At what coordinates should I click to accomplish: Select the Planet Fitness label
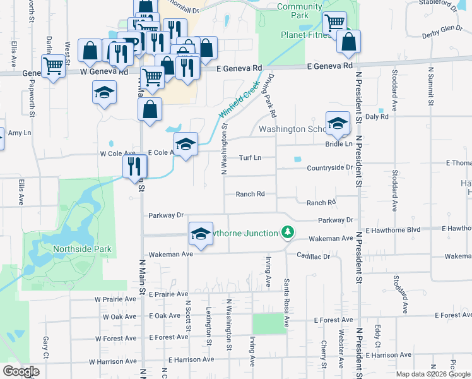coord(305,35)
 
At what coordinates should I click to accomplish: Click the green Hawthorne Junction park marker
coord(288,232)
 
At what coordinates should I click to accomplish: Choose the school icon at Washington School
coord(338,123)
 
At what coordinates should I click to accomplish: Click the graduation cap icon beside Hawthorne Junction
coord(200,234)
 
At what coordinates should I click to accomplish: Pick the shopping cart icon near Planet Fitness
coord(334,23)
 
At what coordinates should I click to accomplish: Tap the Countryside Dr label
coord(329,167)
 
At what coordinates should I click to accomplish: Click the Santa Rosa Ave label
coord(286,303)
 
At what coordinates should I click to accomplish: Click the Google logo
coord(21,371)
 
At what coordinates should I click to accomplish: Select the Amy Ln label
coord(19,133)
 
